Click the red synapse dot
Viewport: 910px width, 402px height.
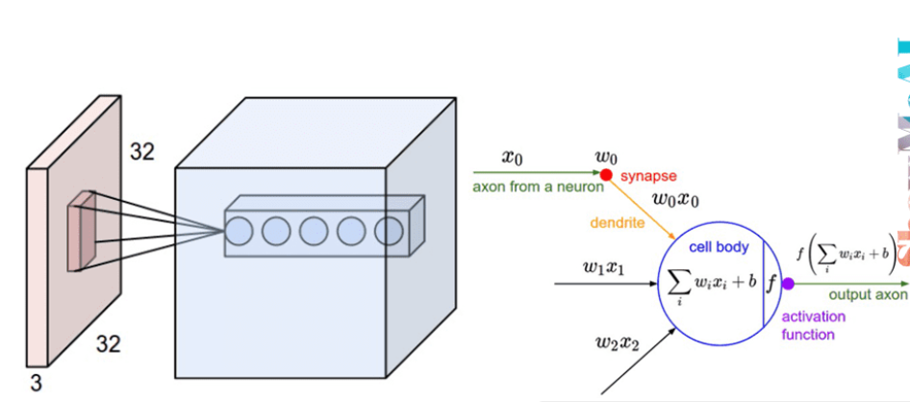(606, 175)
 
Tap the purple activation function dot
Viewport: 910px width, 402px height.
(788, 284)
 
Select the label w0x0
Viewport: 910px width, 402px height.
(677, 201)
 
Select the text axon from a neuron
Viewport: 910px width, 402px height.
(538, 187)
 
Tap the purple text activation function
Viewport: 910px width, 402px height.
(814, 325)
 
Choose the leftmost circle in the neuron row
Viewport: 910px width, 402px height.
(239, 231)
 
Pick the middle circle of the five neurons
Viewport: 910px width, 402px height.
(314, 231)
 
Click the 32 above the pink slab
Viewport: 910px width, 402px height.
(141, 151)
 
